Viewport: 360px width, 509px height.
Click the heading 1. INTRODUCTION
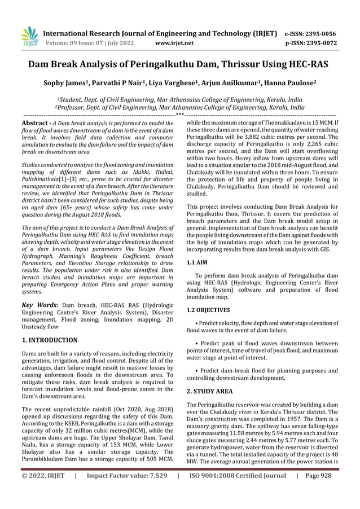(49, 340)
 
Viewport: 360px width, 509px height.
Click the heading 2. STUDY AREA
(213, 390)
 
